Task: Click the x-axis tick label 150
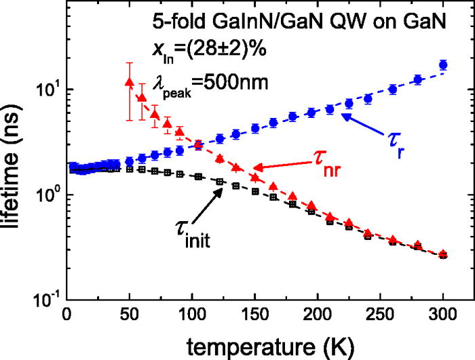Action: tap(255, 315)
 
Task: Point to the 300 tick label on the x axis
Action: tap(443, 315)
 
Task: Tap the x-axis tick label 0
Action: tap(66, 315)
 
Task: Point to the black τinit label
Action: tap(192, 234)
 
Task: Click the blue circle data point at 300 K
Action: tap(443, 65)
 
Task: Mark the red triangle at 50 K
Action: tap(130, 82)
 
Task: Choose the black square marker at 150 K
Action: tap(255, 191)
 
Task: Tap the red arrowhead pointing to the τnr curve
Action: tap(258, 167)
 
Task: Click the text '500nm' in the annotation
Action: tap(235, 82)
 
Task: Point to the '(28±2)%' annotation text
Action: tap(226, 49)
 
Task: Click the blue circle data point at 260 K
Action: tap(393, 89)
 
